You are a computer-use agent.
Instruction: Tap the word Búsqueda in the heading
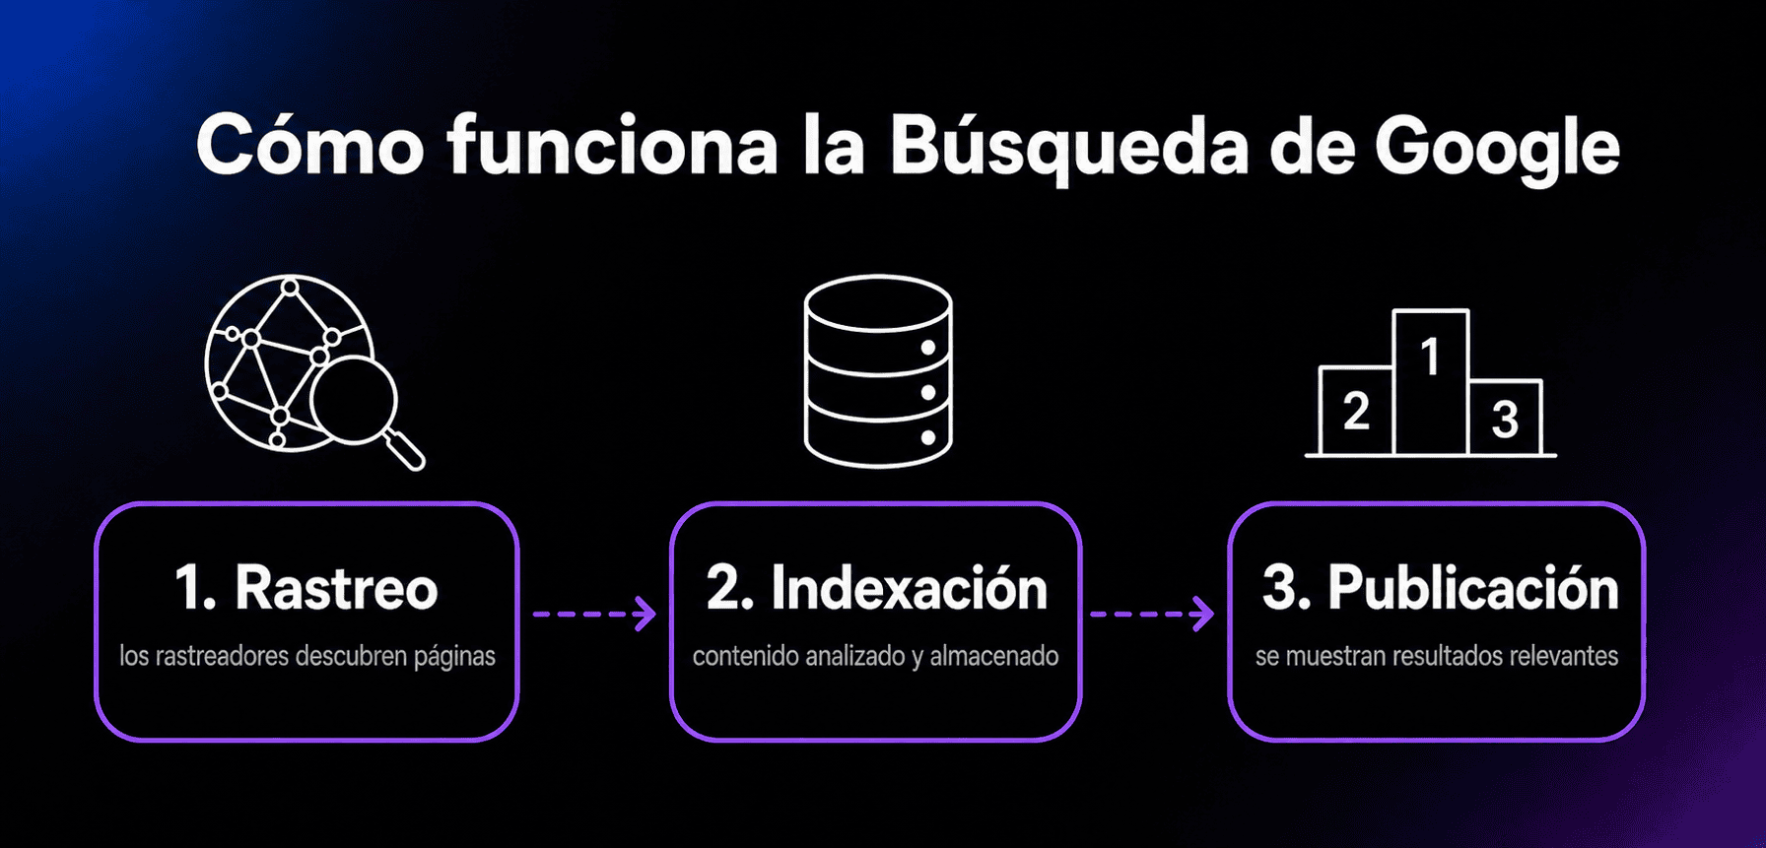(x=1069, y=146)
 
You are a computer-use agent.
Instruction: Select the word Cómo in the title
(x=309, y=145)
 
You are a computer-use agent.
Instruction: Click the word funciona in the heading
(x=612, y=146)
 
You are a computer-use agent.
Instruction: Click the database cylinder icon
(x=878, y=370)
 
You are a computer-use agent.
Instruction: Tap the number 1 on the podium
(x=1430, y=357)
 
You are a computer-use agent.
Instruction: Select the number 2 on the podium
(x=1356, y=411)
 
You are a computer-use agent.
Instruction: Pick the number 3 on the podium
(x=1504, y=419)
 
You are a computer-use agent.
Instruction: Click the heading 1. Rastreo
(x=306, y=588)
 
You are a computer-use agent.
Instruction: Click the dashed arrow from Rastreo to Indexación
(x=594, y=614)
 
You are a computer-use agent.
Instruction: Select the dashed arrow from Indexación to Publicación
(x=1152, y=614)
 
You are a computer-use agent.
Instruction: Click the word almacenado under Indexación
(x=994, y=656)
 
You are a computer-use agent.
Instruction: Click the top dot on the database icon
(x=927, y=348)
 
